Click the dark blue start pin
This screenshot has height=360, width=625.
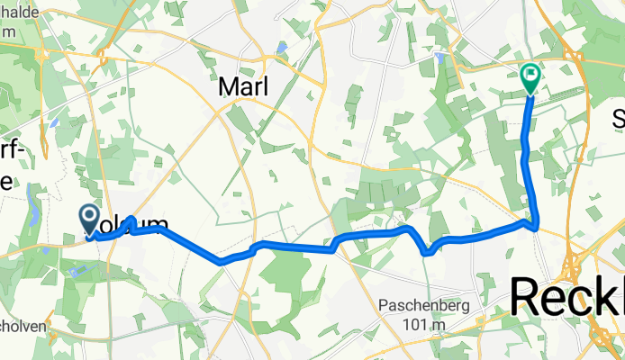[x=90, y=216]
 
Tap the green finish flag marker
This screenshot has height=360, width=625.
[x=530, y=77]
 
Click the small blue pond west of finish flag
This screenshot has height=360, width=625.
[x=440, y=56]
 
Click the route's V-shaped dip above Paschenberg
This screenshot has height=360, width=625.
[x=427, y=252]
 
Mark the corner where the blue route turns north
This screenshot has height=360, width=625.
[x=535, y=225]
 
